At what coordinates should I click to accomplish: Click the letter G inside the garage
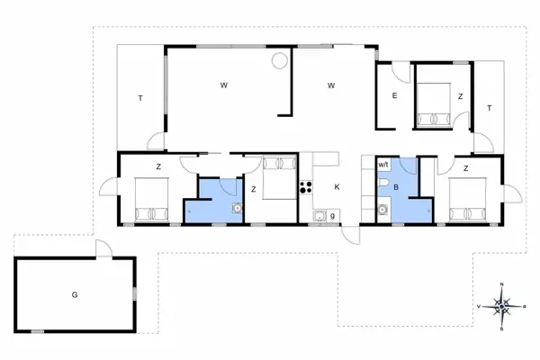[75, 294]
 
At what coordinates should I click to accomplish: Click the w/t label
[383, 165]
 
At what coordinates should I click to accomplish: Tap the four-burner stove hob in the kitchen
[305, 187]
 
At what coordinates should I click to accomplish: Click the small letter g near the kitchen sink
[332, 216]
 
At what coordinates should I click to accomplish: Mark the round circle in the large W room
[280, 61]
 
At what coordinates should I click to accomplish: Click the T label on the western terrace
[140, 97]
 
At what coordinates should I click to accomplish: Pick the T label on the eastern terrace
[489, 108]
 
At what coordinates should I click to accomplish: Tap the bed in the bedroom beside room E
[435, 103]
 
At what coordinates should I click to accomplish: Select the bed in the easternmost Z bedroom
[467, 198]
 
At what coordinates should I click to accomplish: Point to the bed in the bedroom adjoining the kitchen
[280, 176]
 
